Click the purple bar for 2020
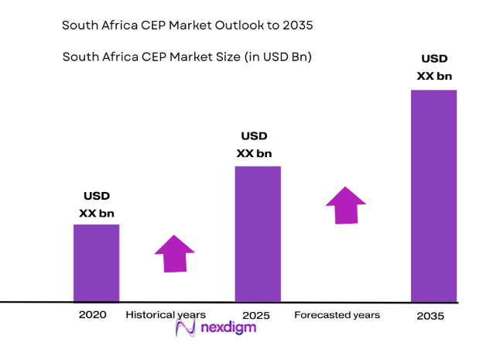tap(96, 262)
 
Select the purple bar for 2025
tap(257, 233)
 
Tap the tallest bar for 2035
tap(433, 195)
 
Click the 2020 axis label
tap(92, 314)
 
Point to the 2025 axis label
tap(257, 316)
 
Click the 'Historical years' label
tap(166, 314)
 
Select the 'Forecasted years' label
tap(337, 315)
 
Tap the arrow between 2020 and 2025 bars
tap(174, 252)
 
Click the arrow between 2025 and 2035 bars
tap(345, 205)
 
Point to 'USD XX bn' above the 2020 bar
tap(97, 204)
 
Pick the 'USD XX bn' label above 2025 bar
tap(255, 145)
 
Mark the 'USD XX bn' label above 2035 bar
tap(433, 67)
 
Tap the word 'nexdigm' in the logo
tap(229, 327)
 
